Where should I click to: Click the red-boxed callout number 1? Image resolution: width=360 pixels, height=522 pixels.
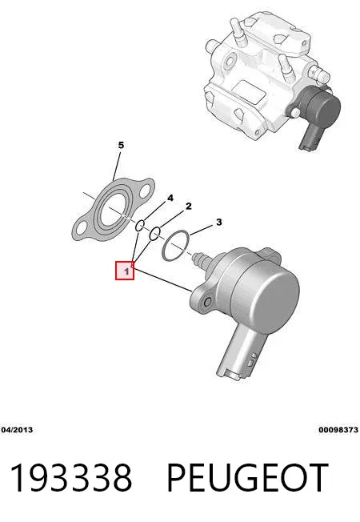coord(125,271)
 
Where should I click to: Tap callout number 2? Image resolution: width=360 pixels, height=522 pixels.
coord(189,207)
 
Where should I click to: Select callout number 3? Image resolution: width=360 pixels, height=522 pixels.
coord(218,222)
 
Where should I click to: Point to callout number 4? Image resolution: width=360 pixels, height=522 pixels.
coord(170,198)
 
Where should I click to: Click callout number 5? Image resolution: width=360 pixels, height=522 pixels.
coord(121,145)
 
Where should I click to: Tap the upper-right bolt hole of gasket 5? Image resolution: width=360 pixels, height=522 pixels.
coord(146,190)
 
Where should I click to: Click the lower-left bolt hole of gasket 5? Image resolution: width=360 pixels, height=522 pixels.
coord(81,230)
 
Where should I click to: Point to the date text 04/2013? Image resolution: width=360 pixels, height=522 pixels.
coord(17,430)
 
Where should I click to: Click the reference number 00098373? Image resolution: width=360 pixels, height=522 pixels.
coord(338,430)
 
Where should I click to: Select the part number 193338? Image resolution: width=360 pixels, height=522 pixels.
coord(71,477)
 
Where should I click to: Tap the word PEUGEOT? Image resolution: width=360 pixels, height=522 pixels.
coord(247,477)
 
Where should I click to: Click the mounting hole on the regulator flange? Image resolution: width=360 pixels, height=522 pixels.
coord(207,303)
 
